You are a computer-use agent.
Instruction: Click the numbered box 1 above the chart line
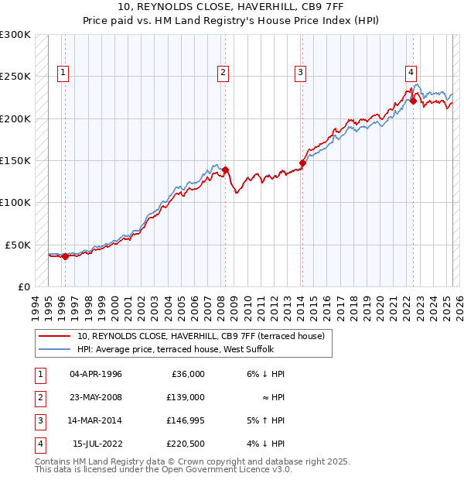point(63,74)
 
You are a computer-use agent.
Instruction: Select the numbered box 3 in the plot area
point(300,74)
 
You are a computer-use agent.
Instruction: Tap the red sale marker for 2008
point(225,170)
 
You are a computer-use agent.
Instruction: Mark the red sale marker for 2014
point(302,163)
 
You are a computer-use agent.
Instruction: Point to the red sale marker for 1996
point(65,256)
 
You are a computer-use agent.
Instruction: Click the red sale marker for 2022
point(414,101)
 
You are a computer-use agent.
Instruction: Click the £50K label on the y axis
point(18,245)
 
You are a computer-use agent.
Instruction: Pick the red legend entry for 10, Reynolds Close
point(205,336)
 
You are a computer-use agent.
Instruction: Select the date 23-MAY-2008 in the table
point(96,397)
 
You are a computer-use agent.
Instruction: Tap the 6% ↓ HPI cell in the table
point(266,374)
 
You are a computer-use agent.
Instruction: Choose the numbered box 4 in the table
point(39,444)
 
